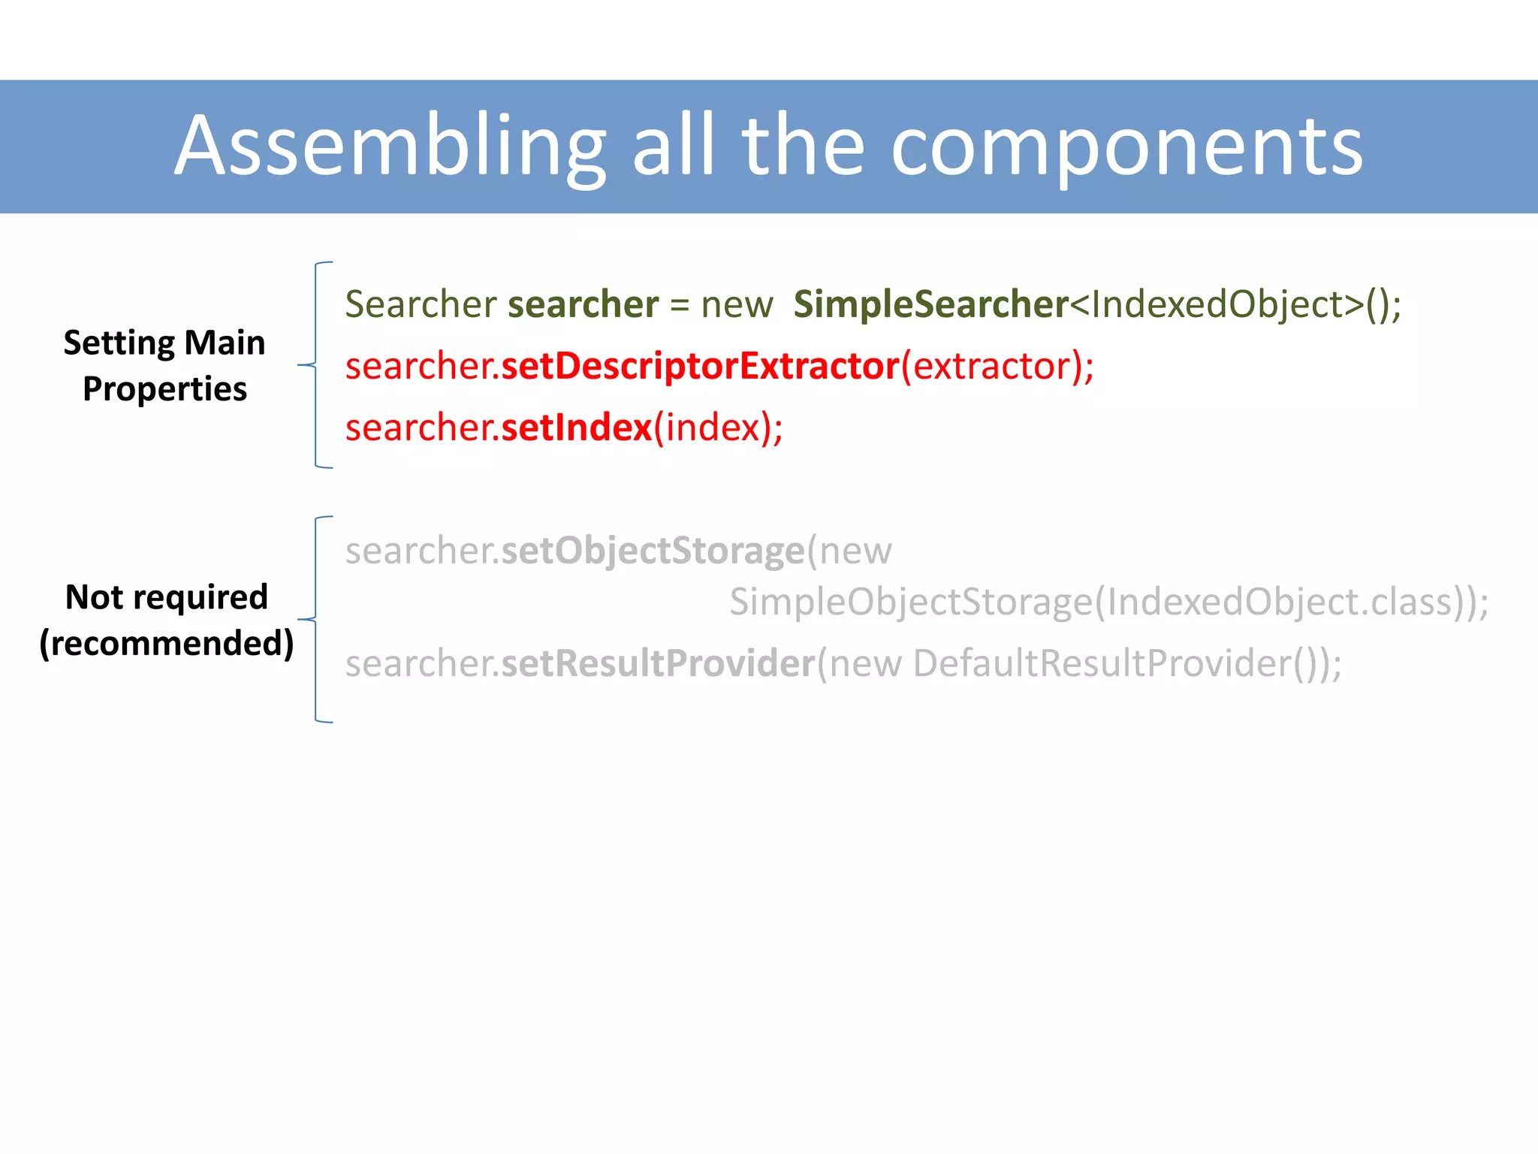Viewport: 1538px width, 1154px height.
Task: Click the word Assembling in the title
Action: click(391, 147)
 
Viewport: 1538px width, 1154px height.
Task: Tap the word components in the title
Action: click(1126, 147)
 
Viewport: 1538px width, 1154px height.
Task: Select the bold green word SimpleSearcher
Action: click(930, 304)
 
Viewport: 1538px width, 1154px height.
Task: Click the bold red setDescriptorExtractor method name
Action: click(700, 366)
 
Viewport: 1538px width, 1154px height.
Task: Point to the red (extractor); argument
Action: click(997, 366)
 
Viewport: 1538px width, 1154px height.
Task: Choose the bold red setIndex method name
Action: click(576, 427)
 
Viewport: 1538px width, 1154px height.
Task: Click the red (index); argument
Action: click(718, 427)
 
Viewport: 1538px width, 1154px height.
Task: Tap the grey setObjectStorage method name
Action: click(653, 551)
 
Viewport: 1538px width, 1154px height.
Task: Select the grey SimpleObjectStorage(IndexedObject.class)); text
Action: click(1108, 602)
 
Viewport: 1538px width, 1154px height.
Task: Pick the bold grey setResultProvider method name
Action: click(658, 663)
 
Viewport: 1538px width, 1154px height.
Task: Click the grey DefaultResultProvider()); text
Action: click(1126, 663)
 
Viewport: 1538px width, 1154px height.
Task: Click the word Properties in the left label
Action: click(164, 389)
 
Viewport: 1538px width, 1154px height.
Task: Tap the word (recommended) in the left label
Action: click(166, 643)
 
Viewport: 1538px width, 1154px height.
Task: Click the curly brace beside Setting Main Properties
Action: click(315, 365)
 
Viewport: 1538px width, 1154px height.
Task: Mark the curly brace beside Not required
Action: click(315, 619)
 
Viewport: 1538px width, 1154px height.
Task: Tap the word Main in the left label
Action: click(225, 343)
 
